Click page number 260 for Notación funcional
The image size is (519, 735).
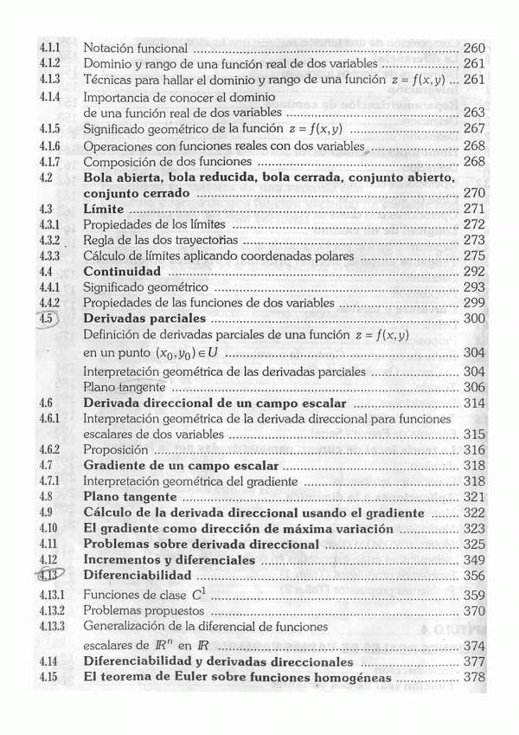point(473,48)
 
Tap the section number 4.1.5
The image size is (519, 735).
point(48,129)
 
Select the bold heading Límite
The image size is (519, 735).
point(104,210)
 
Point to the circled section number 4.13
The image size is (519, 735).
point(48,575)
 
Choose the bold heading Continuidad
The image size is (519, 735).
point(121,271)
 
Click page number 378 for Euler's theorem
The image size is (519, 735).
point(474,677)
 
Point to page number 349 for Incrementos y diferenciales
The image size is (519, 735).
point(474,560)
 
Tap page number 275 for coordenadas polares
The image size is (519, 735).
point(474,255)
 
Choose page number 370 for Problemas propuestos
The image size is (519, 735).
point(474,610)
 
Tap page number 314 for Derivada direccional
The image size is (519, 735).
point(474,403)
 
